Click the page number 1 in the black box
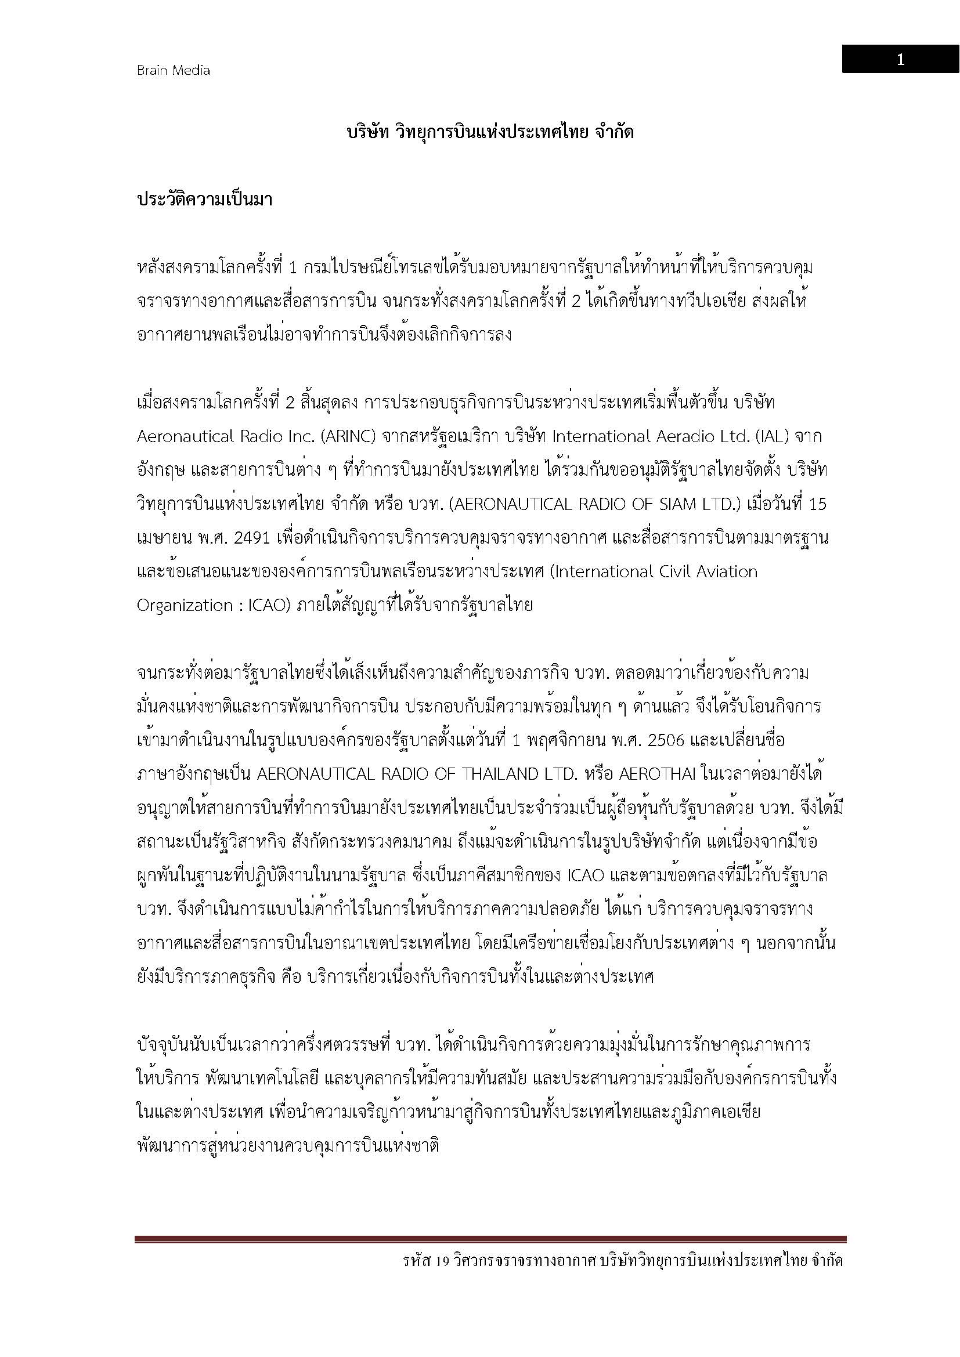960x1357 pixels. point(900,60)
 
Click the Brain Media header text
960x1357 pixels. point(173,70)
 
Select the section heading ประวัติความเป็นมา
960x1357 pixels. point(204,200)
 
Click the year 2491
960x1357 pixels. point(252,538)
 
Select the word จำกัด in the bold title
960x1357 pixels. point(615,132)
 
